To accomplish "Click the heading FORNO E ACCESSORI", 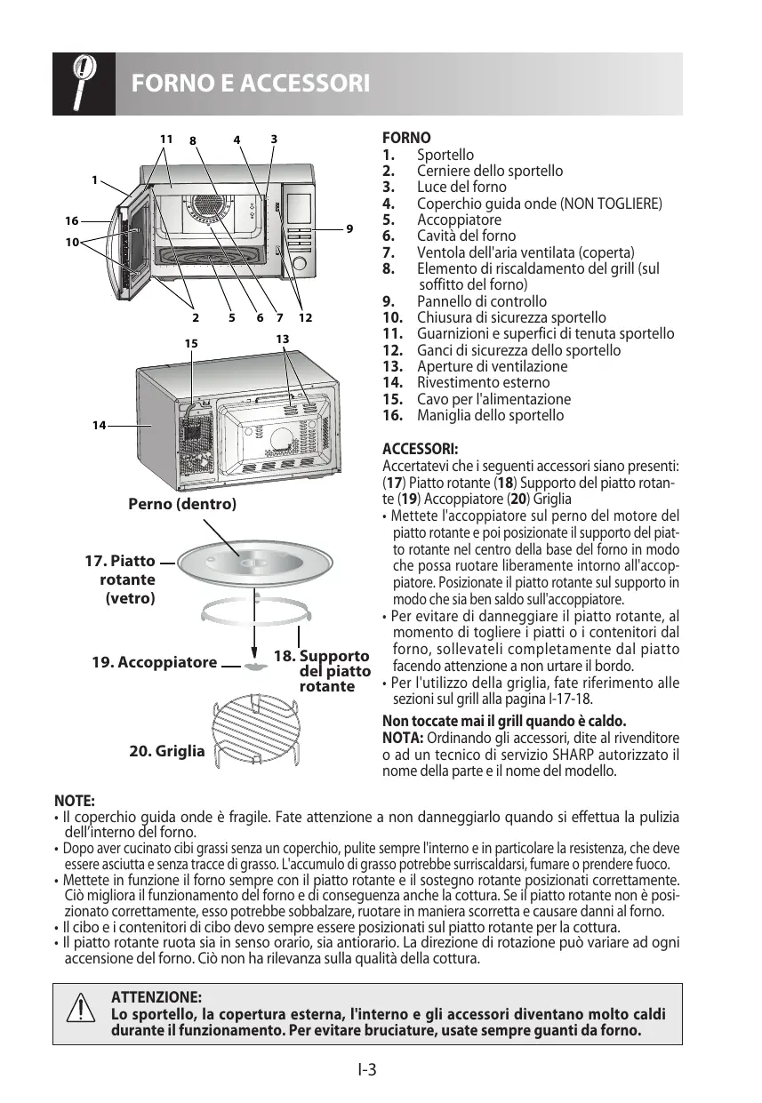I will pos(250,84).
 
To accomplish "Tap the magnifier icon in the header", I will pos(83,83).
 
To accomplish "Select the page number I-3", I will pos(367,1069).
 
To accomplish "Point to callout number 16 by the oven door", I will pos(71,220).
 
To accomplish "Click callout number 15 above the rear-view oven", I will pos(190,342).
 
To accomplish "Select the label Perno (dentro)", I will pos(182,504).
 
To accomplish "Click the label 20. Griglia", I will pos(166,751).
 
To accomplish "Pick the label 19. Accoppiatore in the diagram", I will pos(154,662).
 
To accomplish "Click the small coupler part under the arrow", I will pos(255,665).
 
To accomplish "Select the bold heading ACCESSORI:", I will pos(420,449).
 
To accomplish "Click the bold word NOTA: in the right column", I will pos(402,739).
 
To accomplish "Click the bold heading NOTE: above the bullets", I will pos(74,801).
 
